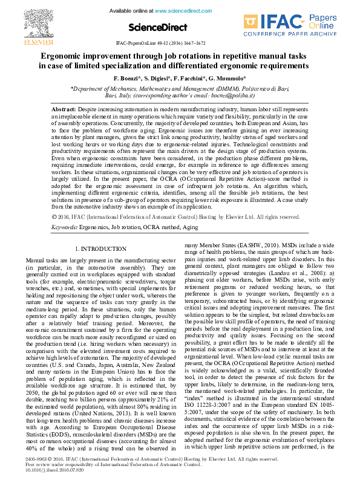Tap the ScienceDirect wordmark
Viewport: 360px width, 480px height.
[155, 28]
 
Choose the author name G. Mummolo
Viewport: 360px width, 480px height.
[229, 79]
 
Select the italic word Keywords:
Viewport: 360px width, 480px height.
[64, 227]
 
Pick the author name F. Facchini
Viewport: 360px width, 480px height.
[193, 79]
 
